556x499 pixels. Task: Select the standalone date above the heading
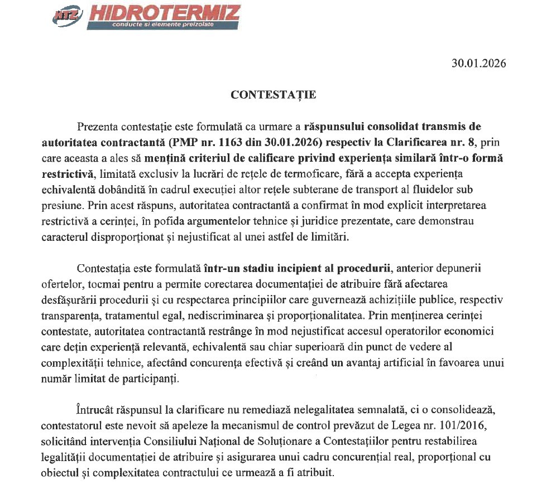[478, 63]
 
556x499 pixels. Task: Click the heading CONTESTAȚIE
[274, 95]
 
